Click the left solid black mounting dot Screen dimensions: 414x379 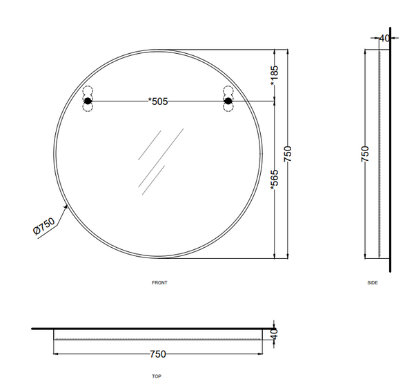pyautogui.click(x=88, y=101)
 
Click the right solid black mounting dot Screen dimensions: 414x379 pyautogui.click(x=228, y=101)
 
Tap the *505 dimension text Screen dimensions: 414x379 pyautogui.click(x=158, y=101)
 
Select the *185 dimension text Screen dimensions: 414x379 pyautogui.click(x=275, y=75)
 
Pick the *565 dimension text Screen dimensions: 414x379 pyautogui.click(x=275, y=180)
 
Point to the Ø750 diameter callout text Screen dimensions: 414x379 pyautogui.click(x=44, y=226)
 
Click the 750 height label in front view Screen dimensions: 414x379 pyautogui.click(x=288, y=154)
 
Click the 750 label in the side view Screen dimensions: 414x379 pyautogui.click(x=364, y=154)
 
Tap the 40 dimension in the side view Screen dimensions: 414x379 pyautogui.click(x=384, y=39)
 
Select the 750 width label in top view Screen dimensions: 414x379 pyautogui.click(x=158, y=354)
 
